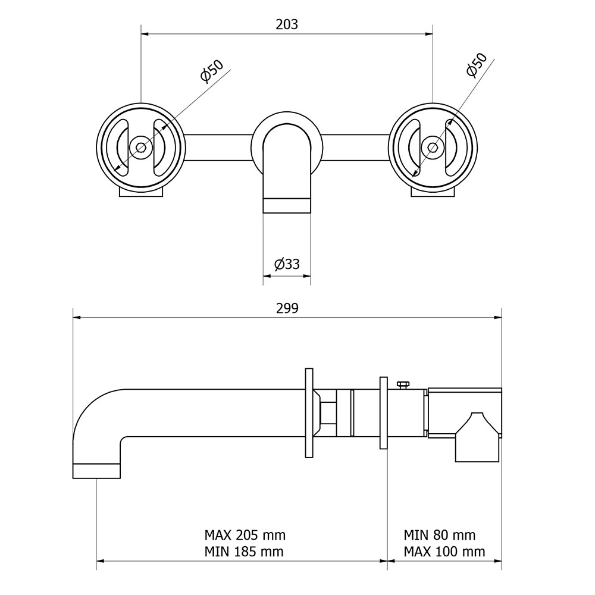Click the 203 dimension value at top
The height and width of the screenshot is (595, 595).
tap(287, 24)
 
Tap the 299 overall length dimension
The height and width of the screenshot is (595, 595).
tap(287, 308)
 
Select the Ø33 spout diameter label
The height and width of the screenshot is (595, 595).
tap(287, 264)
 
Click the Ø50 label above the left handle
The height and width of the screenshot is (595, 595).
tap(212, 71)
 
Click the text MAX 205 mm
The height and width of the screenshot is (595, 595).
tap(245, 535)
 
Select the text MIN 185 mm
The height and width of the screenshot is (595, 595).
tap(244, 552)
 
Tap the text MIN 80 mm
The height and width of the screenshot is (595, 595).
tap(440, 535)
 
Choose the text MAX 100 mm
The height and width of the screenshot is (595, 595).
tap(444, 552)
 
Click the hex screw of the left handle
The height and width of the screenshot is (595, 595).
tap(141, 147)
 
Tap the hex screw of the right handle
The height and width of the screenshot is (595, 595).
tap(433, 147)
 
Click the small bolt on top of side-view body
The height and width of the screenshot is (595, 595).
tap(403, 385)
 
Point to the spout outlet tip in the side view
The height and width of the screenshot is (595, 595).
tap(96, 471)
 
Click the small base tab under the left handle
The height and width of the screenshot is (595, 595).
tap(141, 192)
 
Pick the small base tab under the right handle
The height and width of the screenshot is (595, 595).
tap(433, 192)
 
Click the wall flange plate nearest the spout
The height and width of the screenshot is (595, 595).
tap(309, 413)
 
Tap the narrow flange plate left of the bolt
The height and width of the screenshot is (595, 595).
tap(383, 413)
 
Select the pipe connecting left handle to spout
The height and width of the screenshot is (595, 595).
tap(218, 147)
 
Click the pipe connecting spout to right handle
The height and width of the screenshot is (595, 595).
tap(356, 147)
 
